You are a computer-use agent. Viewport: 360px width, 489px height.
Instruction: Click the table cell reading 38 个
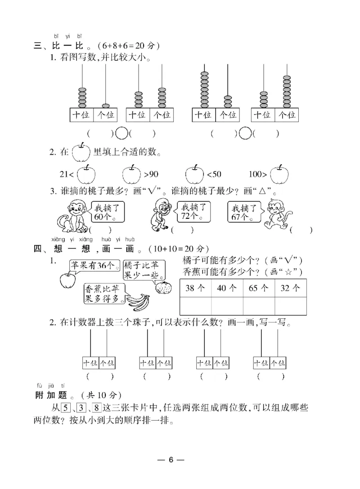click(195, 289)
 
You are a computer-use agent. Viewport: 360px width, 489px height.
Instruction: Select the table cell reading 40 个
click(227, 289)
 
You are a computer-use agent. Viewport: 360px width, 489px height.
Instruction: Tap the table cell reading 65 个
click(259, 289)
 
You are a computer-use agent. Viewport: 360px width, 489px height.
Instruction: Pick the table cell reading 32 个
click(291, 289)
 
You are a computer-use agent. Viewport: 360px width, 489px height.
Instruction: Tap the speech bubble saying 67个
click(245, 210)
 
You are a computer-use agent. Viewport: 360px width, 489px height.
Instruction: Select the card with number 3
click(81, 409)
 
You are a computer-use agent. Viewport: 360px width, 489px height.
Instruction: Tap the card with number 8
click(97, 409)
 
